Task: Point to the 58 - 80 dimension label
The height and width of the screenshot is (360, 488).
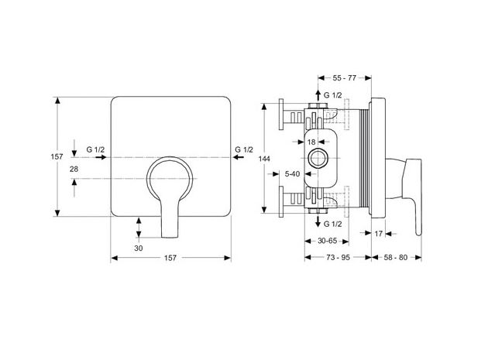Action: point(397,257)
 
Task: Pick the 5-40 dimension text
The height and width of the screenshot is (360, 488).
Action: point(292,175)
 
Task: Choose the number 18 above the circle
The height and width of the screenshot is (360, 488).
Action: point(311,142)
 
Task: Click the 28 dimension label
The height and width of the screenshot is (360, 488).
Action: point(74,168)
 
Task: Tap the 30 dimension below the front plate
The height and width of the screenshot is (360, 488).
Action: point(139,249)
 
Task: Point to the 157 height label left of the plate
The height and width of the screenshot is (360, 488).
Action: point(57,156)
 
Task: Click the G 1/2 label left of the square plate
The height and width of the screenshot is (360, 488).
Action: point(96,149)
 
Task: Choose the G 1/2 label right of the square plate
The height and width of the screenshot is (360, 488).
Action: point(243,149)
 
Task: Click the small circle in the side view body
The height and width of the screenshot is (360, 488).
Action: point(316,159)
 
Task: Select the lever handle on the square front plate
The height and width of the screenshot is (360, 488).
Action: point(169,194)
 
